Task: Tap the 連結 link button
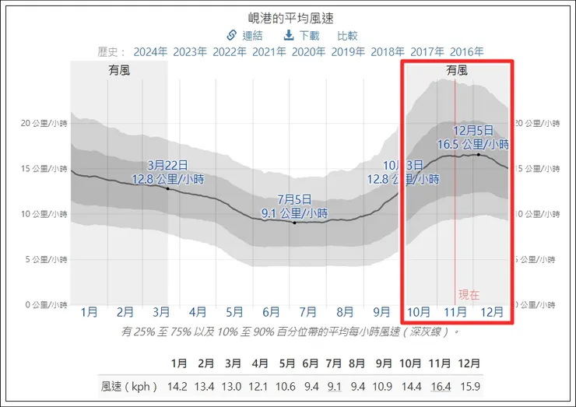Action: click(x=244, y=35)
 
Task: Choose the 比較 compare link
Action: click(x=347, y=35)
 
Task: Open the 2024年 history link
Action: click(x=150, y=52)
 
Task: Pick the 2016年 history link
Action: click(x=466, y=52)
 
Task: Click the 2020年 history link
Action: click(x=308, y=52)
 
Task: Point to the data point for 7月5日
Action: click(x=294, y=223)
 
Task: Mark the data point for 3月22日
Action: click(x=167, y=189)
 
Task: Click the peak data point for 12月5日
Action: click(x=478, y=155)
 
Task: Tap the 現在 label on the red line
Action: click(x=469, y=294)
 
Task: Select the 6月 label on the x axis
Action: click(x=271, y=312)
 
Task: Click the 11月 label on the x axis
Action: click(x=455, y=312)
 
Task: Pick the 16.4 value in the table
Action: click(x=441, y=385)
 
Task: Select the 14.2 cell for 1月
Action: click(x=179, y=385)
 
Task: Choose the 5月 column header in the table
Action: click(x=287, y=363)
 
